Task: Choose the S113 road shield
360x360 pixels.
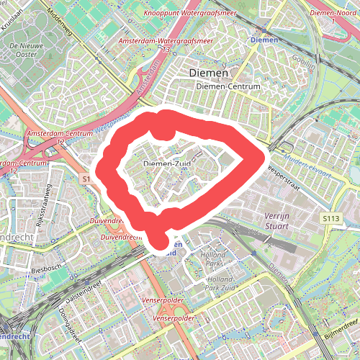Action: pos(330,217)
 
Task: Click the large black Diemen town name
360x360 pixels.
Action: pos(208,73)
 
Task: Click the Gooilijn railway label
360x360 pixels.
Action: pos(305,63)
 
